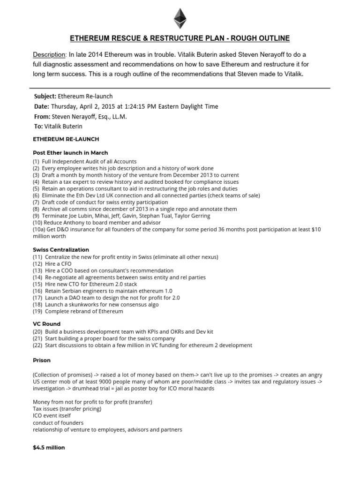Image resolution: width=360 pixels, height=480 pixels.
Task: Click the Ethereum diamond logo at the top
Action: click(x=180, y=18)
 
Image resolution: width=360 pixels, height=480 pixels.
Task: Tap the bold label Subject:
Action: click(x=45, y=96)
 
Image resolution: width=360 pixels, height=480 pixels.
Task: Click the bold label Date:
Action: click(x=41, y=106)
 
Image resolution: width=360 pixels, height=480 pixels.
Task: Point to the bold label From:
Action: click(x=42, y=116)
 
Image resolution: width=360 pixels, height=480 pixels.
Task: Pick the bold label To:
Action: click(x=38, y=126)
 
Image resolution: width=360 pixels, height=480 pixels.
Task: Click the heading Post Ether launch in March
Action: click(x=70, y=153)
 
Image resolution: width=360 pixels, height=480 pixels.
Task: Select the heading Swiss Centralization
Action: click(x=61, y=250)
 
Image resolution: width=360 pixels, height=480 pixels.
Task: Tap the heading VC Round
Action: click(x=46, y=324)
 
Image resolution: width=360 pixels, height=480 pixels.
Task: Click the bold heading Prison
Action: click(x=42, y=360)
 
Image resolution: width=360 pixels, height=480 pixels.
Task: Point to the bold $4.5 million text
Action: click(x=49, y=448)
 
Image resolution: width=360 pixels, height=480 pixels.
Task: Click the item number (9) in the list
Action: click(x=37, y=216)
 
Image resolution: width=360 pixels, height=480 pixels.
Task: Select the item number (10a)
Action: click(x=38, y=229)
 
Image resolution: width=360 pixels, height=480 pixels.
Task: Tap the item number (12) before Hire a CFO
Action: click(x=37, y=264)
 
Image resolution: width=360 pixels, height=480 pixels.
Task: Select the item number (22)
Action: click(x=37, y=345)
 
